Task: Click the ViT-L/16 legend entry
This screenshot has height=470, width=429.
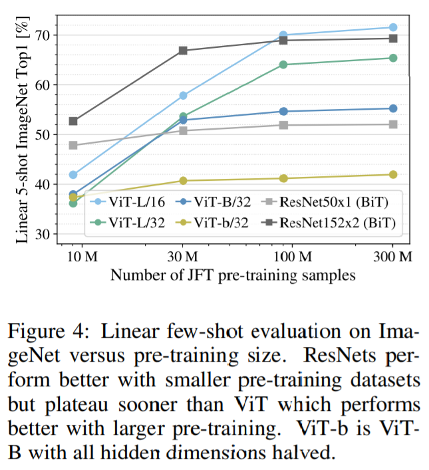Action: tap(128, 201)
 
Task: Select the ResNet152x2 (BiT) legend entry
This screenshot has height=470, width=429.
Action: tap(329, 223)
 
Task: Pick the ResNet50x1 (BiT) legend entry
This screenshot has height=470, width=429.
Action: tap(325, 201)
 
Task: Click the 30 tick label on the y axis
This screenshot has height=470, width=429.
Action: tap(42, 234)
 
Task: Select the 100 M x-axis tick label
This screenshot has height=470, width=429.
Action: tap(293, 257)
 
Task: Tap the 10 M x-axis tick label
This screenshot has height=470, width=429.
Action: tap(82, 257)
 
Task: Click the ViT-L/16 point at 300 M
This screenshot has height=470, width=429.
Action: tap(393, 27)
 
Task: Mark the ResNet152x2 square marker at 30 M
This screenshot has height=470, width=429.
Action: tap(183, 51)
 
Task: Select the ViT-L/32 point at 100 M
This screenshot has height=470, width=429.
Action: tap(283, 64)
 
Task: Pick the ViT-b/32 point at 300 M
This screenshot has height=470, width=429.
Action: tap(393, 174)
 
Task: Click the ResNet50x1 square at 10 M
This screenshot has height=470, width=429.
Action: tap(73, 146)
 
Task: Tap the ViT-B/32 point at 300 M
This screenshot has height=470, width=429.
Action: tap(393, 108)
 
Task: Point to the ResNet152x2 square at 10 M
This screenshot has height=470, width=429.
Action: tap(73, 121)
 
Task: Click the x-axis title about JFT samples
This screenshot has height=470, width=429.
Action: tap(233, 275)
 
